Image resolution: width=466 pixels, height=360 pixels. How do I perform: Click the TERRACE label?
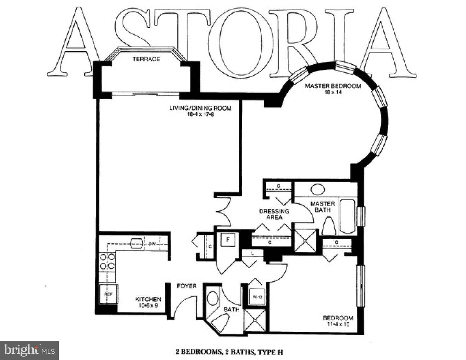146,59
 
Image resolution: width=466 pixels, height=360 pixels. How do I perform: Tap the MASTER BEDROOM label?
333,86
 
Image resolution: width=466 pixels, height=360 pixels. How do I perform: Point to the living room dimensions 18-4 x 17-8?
201,115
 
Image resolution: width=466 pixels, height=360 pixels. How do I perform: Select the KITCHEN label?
148,299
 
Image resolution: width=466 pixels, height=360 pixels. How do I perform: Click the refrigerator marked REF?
108,294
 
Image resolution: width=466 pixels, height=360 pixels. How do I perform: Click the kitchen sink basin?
137,244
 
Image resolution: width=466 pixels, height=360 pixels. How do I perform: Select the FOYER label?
187,286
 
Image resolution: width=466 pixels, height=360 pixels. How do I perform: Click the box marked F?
228,240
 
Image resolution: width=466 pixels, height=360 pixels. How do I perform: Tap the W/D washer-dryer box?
257,297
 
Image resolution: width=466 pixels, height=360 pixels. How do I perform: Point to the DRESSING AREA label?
274,214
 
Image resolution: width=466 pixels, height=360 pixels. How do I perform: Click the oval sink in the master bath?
317,189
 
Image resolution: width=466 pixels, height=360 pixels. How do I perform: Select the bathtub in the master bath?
347,216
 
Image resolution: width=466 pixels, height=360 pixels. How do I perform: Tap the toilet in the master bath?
329,226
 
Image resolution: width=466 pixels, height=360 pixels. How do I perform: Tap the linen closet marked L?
253,253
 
